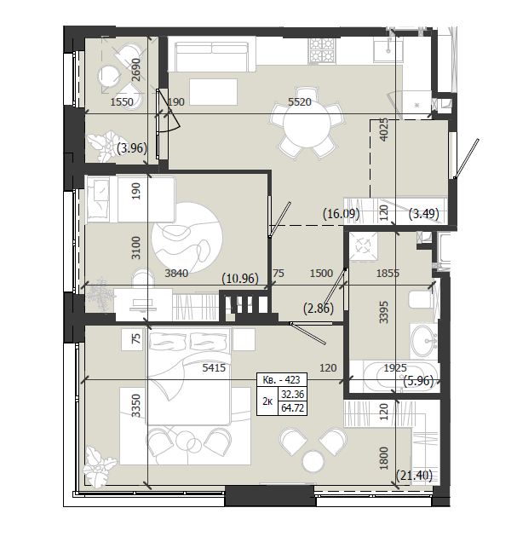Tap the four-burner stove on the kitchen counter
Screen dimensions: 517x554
click(x=321, y=50)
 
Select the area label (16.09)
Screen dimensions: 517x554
click(x=342, y=214)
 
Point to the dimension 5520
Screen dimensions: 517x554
click(x=300, y=102)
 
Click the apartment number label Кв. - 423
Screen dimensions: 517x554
click(x=281, y=380)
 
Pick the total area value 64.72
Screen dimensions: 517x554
click(x=292, y=408)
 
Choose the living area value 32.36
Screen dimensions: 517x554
click(x=292, y=394)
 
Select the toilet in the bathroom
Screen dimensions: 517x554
click(x=421, y=300)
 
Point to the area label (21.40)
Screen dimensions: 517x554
click(x=414, y=476)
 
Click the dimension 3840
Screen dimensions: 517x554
click(x=176, y=273)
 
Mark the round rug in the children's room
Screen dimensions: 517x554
click(x=187, y=238)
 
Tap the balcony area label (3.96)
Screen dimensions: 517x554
click(x=132, y=147)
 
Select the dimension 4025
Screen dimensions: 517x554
click(x=383, y=130)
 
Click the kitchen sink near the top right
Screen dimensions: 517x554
click(x=388, y=50)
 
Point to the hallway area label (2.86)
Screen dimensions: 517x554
click(x=319, y=309)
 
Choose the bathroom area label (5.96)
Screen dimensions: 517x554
click(x=418, y=381)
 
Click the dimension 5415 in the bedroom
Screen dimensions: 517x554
click(x=214, y=368)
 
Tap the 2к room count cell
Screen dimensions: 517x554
click(x=267, y=401)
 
